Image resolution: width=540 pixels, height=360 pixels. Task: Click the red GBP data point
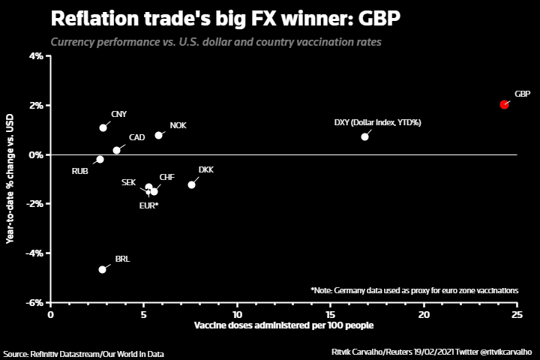504,104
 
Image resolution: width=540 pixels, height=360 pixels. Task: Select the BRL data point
102,269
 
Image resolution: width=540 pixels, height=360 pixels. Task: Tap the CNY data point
103,127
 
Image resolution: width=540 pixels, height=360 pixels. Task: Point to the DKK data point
191,184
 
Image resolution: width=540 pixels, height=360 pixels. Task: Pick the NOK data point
158,135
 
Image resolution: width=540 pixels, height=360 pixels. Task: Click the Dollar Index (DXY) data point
364,136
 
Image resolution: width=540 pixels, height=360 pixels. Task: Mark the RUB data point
100,159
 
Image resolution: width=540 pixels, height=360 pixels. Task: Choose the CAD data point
116,150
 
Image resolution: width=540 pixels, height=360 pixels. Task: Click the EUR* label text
148,205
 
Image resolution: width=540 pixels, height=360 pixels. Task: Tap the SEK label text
128,182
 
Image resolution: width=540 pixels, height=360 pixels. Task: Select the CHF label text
166,177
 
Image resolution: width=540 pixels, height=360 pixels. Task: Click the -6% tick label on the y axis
34,303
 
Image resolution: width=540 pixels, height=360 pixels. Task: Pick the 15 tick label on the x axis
331,314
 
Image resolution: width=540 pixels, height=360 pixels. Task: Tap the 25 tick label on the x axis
517,314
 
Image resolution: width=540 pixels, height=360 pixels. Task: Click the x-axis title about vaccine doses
283,326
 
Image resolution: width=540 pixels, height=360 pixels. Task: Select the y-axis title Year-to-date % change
10,178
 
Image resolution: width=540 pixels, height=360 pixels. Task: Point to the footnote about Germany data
414,290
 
